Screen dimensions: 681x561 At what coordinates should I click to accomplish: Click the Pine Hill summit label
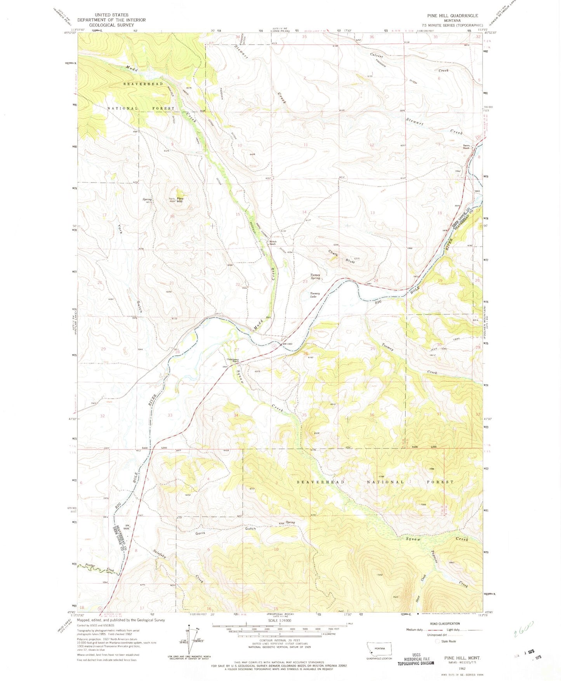point(180,200)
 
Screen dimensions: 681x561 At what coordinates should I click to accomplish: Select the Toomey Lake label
point(315,295)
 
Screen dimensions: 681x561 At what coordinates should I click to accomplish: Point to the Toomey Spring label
point(315,276)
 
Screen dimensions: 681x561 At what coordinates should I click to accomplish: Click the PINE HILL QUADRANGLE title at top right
point(452,16)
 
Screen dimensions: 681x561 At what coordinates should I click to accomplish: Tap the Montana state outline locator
point(379,648)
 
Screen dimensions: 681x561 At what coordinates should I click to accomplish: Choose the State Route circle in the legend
point(438,641)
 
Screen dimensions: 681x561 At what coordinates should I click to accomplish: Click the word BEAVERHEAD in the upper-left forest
point(138,84)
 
